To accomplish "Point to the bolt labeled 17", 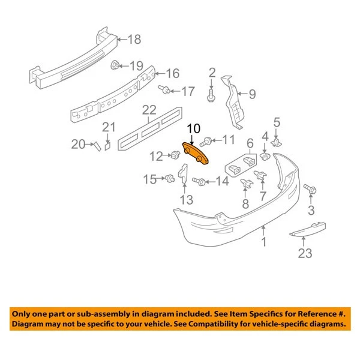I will click(x=162, y=91).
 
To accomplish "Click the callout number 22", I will click(x=148, y=110).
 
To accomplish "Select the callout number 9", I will click(x=252, y=93).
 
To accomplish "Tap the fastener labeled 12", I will click(x=175, y=156).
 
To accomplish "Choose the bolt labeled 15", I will click(x=170, y=178).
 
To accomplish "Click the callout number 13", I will click(x=187, y=200).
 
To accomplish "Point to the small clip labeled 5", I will click(x=277, y=142).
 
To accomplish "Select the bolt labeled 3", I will click(x=310, y=189).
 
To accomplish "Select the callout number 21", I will click(x=108, y=127).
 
